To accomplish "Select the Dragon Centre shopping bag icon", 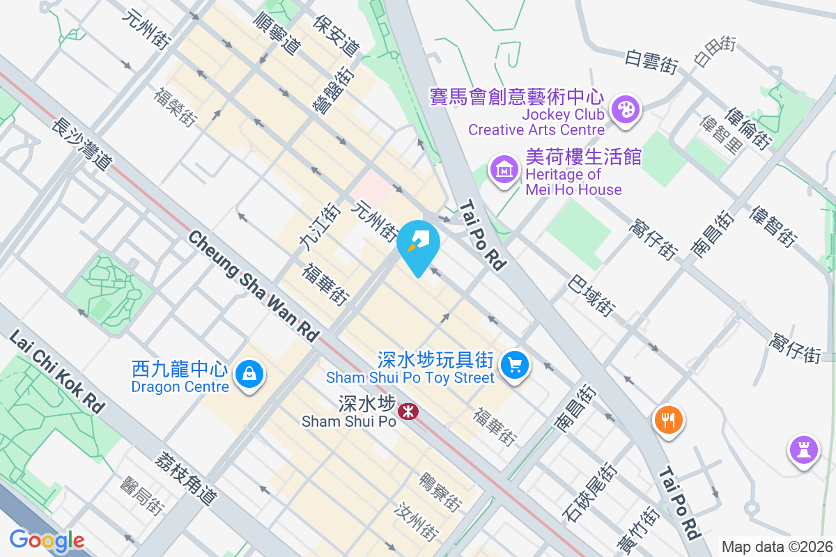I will [x=249, y=375].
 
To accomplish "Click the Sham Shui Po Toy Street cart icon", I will [x=515, y=364].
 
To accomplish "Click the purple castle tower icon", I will [x=803, y=448].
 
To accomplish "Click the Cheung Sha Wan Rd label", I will [x=253, y=285].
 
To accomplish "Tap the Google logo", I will [x=47, y=540].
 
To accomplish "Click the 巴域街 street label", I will [x=591, y=295].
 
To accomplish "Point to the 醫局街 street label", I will [x=141, y=496].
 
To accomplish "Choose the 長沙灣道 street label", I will [x=82, y=144].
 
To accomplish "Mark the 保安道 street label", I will [x=336, y=36].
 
